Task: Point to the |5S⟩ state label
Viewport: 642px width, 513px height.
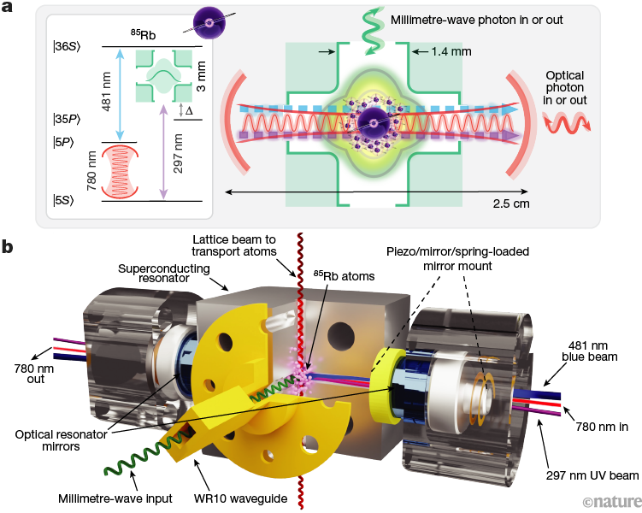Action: coord(64,201)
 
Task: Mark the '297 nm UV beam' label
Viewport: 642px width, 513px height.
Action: coord(592,475)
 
